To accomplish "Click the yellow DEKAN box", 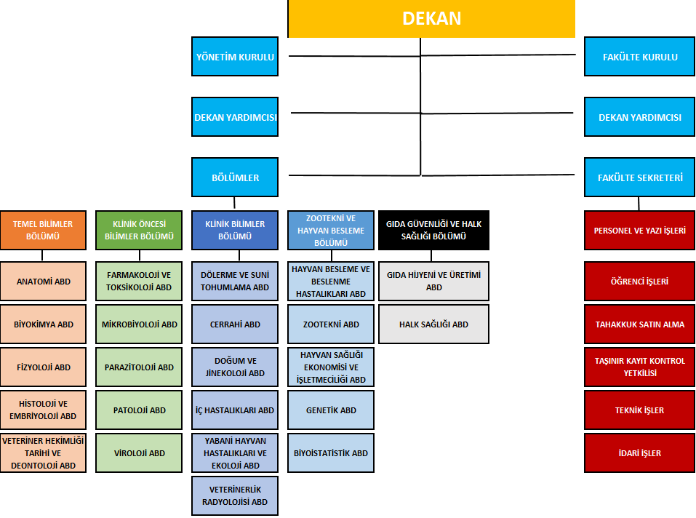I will pyautogui.click(x=431, y=18).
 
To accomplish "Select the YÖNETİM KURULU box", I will pyautogui.click(x=235, y=57).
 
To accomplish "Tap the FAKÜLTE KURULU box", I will pyautogui.click(x=640, y=57).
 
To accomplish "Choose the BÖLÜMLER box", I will pyautogui.click(x=235, y=178).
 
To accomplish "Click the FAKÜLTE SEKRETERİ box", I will pyautogui.click(x=640, y=178).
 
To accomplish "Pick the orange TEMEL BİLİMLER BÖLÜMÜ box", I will pyautogui.click(x=43, y=230).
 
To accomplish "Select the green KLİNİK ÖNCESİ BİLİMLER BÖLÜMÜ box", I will pyautogui.click(x=139, y=230).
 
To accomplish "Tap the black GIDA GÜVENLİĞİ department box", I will pyautogui.click(x=433, y=230).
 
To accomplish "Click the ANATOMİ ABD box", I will pyautogui.click(x=43, y=281).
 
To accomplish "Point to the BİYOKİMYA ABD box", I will pyautogui.click(x=43, y=324).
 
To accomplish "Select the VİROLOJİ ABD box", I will pyautogui.click(x=139, y=453).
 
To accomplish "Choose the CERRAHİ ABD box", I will pyautogui.click(x=235, y=324).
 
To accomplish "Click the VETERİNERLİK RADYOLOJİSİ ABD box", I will pyautogui.click(x=235, y=495).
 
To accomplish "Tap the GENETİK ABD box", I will pyautogui.click(x=331, y=410).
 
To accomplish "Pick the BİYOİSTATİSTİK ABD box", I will pyautogui.click(x=331, y=453).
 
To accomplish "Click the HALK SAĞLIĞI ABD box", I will pyautogui.click(x=433, y=324).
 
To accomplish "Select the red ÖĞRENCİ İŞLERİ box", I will pyautogui.click(x=640, y=281).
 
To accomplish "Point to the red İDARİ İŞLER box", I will pyautogui.click(x=640, y=453).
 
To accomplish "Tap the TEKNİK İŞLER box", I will pyautogui.click(x=640, y=410).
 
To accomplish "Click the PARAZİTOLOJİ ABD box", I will pyautogui.click(x=139, y=367).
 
